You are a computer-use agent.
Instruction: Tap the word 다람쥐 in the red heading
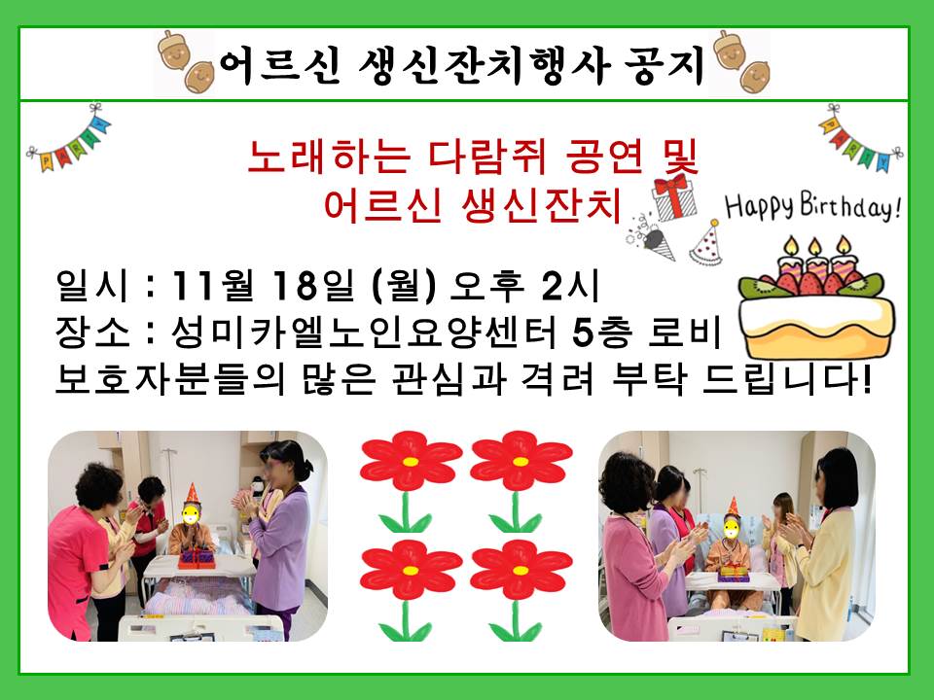coord(486,157)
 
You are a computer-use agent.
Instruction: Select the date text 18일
coord(312,286)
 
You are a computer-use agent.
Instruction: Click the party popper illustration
coord(652,237)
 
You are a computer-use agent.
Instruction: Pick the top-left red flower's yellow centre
coord(411,461)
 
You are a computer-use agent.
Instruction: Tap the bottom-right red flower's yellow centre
coord(520,571)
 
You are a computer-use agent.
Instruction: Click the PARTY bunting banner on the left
coord(68,139)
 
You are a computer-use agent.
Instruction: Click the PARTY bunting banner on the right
coord(860,138)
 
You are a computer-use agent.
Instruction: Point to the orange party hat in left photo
coord(192,493)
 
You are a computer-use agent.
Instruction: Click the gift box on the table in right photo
coord(734,574)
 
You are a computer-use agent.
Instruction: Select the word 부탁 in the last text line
coord(648,378)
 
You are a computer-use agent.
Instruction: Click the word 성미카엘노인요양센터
coord(363,332)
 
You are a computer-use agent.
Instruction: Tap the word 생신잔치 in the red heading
coord(541,205)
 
